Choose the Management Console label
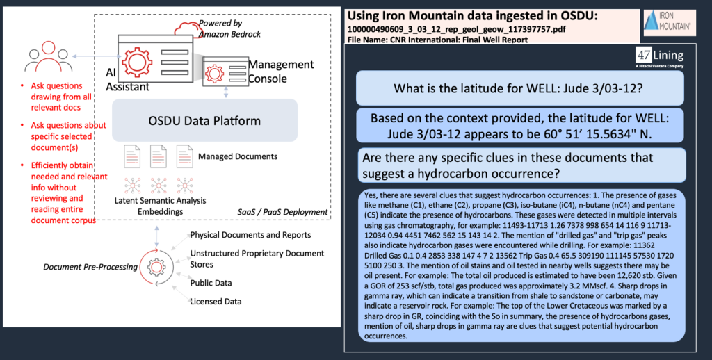click(281, 71)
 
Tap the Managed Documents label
click(237, 156)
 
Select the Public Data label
click(211, 283)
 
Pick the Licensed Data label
click(216, 301)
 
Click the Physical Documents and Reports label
click(250, 235)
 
